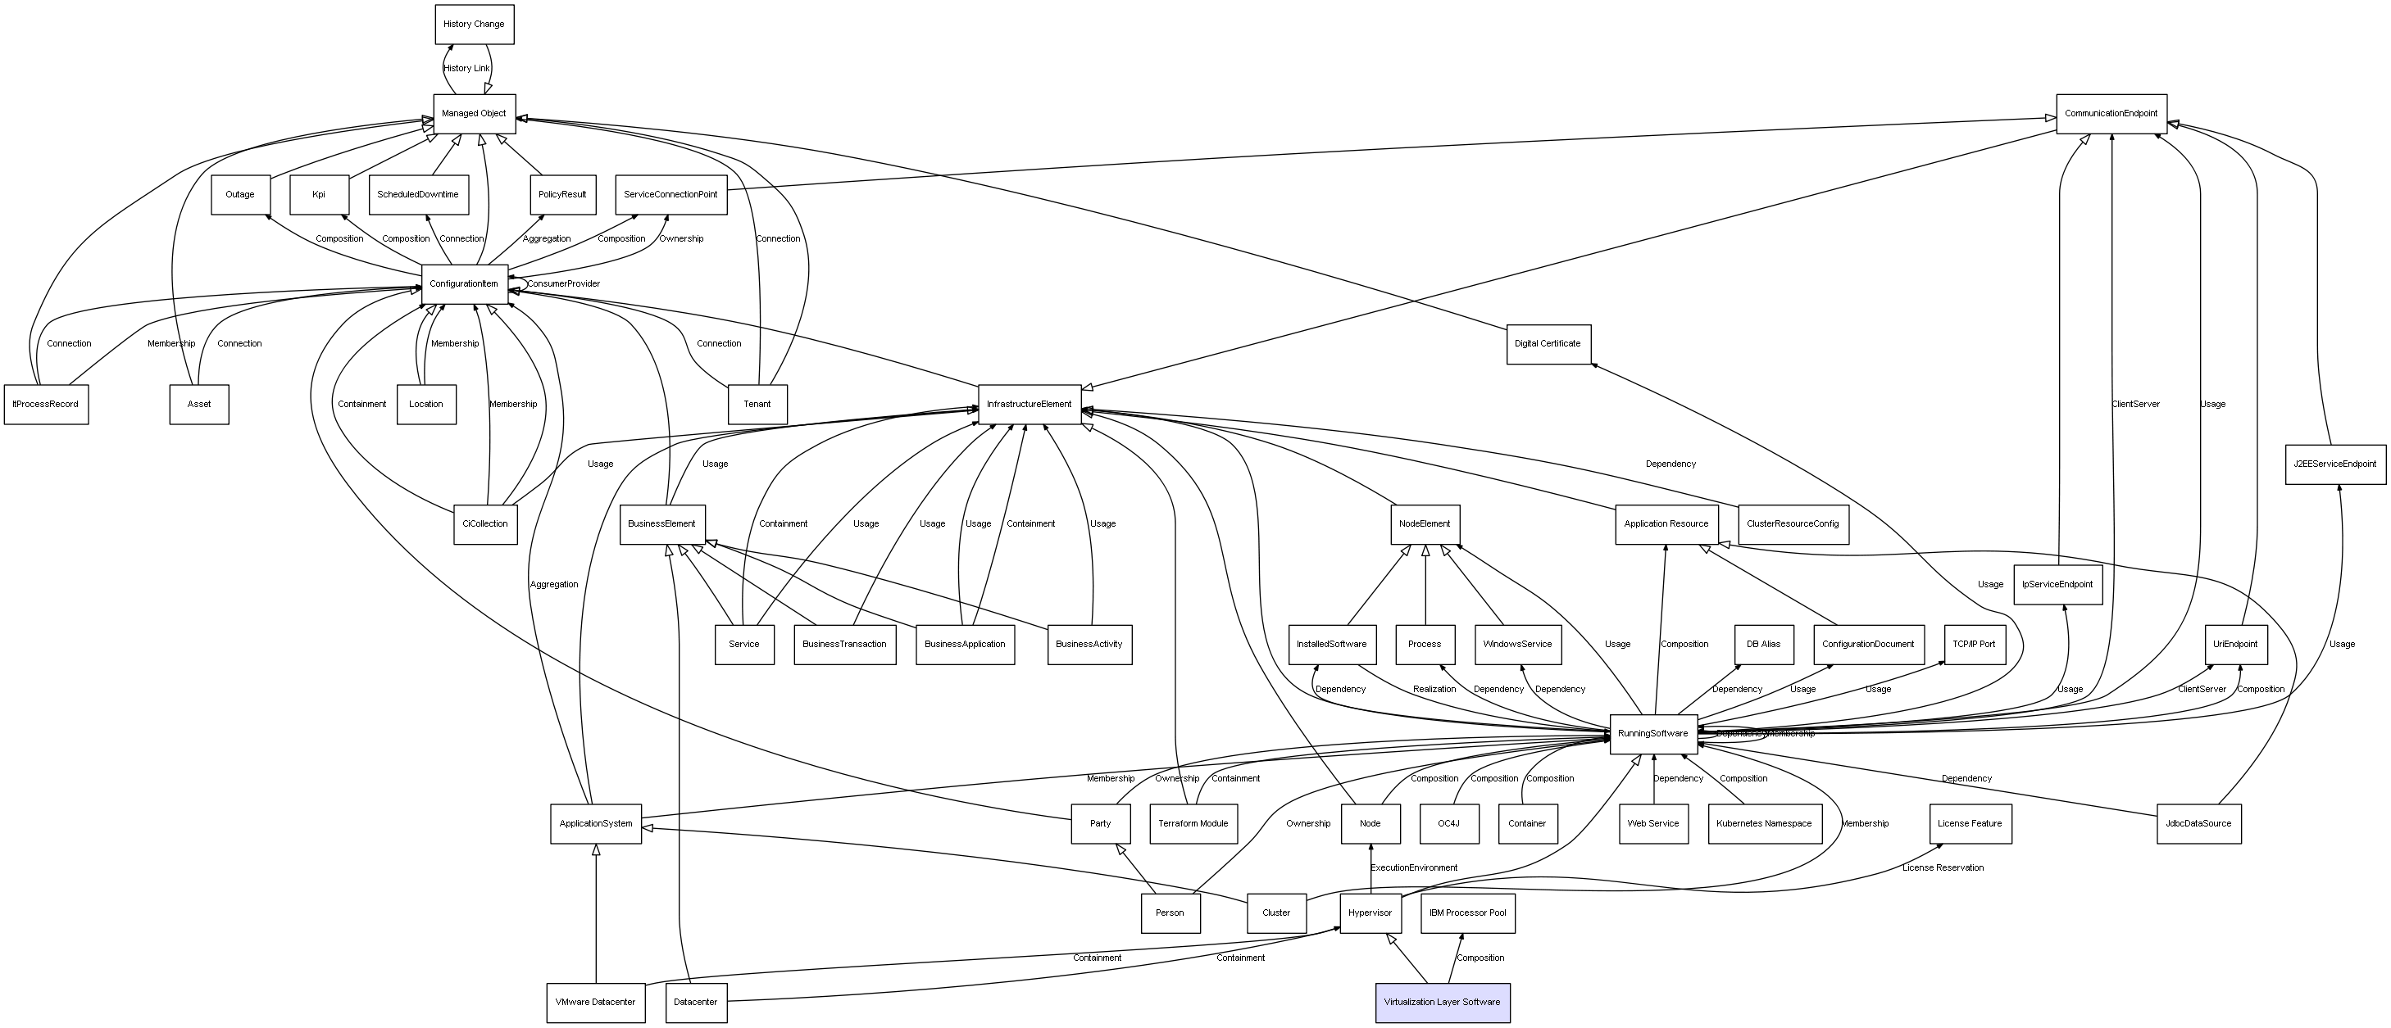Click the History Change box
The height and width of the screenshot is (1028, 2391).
(x=474, y=24)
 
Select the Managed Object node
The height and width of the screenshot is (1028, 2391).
(x=474, y=113)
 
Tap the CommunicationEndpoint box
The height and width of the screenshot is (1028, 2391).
(x=2111, y=113)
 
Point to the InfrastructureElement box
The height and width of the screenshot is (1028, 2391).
(x=1029, y=405)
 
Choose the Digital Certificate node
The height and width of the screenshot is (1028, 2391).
(x=1548, y=344)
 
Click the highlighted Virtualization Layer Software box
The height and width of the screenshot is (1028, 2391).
(x=1442, y=1002)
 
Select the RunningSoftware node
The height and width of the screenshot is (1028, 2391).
(x=1653, y=734)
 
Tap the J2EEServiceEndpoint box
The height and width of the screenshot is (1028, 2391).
(x=2334, y=464)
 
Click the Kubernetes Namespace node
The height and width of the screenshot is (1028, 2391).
(x=1764, y=824)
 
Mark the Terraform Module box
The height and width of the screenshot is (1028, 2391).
(x=1193, y=824)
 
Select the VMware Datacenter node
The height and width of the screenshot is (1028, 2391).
(x=595, y=1002)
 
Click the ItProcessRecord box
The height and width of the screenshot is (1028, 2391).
(x=45, y=405)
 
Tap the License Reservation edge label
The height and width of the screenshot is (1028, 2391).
(x=1943, y=868)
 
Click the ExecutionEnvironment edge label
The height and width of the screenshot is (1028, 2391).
(x=1414, y=868)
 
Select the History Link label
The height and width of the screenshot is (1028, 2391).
(x=466, y=69)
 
